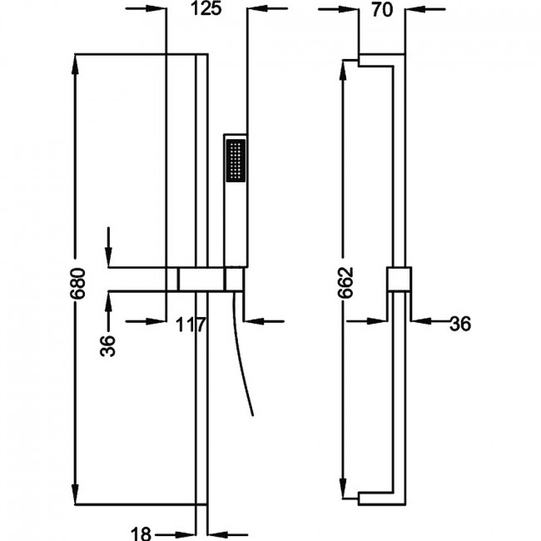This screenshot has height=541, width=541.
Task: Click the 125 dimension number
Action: click(206, 8)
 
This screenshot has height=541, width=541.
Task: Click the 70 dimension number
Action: click(382, 10)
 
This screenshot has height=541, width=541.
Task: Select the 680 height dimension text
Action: click(77, 283)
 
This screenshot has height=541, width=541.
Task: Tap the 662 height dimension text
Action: click(345, 283)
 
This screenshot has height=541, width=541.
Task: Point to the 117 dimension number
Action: click(191, 325)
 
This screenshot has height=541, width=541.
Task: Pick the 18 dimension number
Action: click(141, 534)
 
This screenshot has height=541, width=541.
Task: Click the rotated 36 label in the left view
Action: click(107, 345)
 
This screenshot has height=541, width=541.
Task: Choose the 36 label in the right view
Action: click(460, 324)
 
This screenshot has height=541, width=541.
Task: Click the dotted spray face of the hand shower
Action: click(236, 161)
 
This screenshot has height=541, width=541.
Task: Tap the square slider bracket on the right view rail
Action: click(399, 279)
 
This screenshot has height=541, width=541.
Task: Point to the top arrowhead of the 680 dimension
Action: click(75, 64)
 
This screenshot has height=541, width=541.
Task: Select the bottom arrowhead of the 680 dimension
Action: click(75, 494)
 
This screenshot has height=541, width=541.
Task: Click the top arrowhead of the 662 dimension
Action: click(343, 71)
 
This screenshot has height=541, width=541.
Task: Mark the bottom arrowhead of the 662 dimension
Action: click(343, 489)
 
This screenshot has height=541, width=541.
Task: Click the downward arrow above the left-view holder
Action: click(108, 247)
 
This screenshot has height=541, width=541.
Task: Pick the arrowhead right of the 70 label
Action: click(416, 9)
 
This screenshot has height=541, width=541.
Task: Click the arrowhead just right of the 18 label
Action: click(218, 535)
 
